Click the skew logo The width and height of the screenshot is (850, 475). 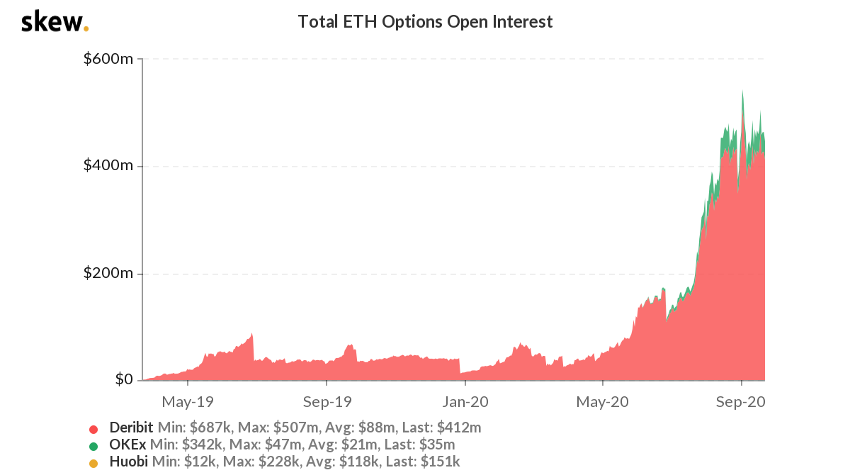[x=55, y=22]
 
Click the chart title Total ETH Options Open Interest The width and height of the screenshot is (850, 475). [x=425, y=22]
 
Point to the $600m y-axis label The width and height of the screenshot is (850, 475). [x=108, y=59]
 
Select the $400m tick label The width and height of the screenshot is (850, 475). [x=108, y=166]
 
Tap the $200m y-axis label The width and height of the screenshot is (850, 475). [x=108, y=274]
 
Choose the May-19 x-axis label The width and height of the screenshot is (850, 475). [x=188, y=402]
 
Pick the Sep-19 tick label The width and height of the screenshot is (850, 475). [x=327, y=402]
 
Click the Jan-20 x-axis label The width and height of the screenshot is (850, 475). [x=465, y=402]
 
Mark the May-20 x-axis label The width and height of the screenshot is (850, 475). [x=603, y=402]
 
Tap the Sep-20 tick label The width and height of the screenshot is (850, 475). [x=742, y=402]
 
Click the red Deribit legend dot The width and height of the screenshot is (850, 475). [x=93, y=429]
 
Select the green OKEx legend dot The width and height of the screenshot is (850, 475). [x=93, y=446]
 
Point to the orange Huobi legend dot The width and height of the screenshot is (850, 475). [x=93, y=463]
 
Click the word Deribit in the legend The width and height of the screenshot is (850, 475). [x=131, y=428]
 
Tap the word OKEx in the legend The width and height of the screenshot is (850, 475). [x=127, y=445]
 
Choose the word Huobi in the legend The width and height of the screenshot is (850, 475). [x=127, y=462]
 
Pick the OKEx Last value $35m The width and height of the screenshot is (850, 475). [x=439, y=445]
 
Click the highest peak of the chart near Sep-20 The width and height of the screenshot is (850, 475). [x=742, y=91]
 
